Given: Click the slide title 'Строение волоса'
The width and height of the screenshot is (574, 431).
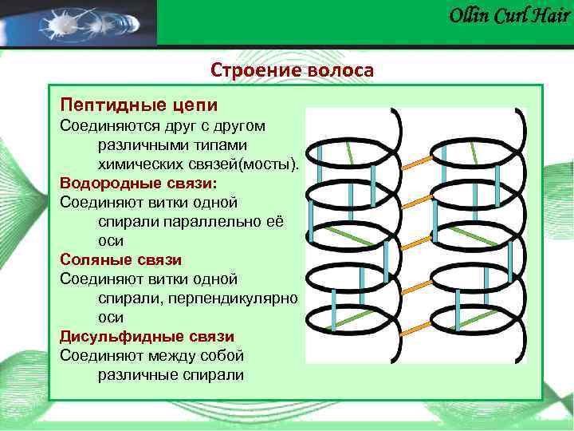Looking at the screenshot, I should click(x=292, y=70).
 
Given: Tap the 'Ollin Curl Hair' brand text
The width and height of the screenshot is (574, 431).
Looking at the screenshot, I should click(x=509, y=16).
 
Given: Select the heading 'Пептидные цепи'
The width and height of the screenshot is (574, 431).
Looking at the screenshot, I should click(x=139, y=105).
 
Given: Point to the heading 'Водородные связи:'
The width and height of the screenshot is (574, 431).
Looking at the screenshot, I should click(x=138, y=183).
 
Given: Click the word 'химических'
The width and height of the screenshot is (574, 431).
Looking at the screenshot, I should click(x=137, y=164).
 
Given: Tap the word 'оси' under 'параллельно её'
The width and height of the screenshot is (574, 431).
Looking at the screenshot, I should click(x=110, y=240).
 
